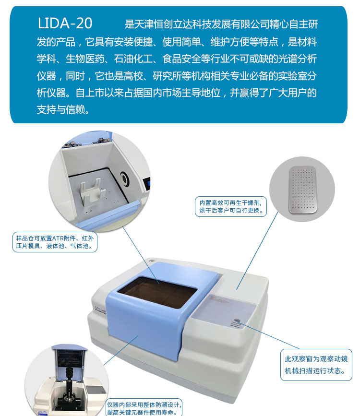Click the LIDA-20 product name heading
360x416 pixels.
[x=65, y=24]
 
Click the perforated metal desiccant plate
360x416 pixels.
[x=302, y=190]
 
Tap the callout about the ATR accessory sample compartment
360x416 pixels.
[x=55, y=242]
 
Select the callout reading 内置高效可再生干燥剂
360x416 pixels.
[x=231, y=206]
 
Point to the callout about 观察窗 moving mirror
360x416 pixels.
[x=316, y=365]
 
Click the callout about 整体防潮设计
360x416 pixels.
[x=144, y=408]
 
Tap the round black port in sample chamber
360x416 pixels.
[x=124, y=178]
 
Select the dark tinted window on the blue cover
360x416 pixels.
[x=157, y=292]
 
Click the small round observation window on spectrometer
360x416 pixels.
[x=237, y=321]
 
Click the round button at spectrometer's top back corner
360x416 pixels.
[x=152, y=261]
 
